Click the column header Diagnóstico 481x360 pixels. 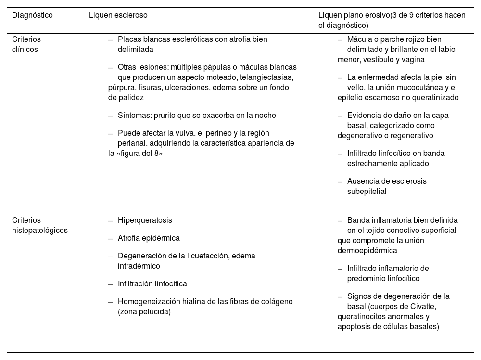[32, 15]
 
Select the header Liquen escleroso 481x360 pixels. [118, 15]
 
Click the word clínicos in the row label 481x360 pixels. [25, 49]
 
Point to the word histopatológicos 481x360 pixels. [40, 230]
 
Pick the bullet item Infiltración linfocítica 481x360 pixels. [152, 283]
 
